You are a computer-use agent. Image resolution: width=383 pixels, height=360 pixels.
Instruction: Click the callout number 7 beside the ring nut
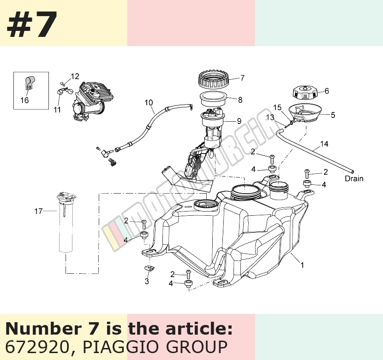coord(242,78)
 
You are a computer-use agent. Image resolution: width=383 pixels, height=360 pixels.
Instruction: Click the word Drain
coord(354,179)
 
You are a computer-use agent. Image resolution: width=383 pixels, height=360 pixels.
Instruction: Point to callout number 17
coord(38,211)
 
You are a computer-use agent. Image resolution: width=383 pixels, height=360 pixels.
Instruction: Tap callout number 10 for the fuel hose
coord(149,102)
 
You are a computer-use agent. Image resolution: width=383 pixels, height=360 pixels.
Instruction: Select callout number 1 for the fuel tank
coord(302,265)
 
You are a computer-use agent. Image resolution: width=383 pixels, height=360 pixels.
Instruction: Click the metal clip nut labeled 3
coord(149,268)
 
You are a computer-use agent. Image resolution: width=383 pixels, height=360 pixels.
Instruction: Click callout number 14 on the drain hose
coord(324,144)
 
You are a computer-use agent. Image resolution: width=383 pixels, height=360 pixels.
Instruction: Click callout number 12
coord(75,77)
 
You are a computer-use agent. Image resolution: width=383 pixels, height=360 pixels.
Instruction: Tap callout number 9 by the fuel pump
coord(239,121)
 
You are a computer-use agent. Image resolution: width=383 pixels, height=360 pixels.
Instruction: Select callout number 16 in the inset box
coord(24,100)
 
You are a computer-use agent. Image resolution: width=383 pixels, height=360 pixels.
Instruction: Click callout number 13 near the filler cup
coord(270,118)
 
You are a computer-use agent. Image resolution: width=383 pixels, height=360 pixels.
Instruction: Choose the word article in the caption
coord(198,329)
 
